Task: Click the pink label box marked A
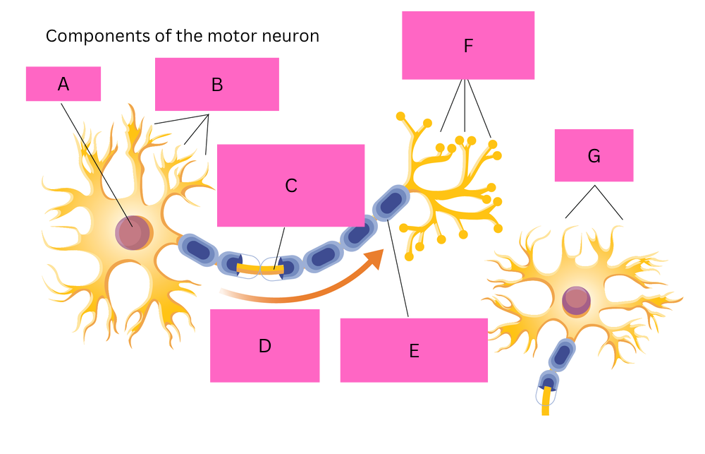[x=63, y=84]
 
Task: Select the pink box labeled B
[x=216, y=85]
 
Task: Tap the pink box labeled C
[x=290, y=185]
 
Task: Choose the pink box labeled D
[x=264, y=345]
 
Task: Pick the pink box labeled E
[x=414, y=350]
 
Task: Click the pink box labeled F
[x=467, y=46]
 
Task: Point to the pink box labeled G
[x=594, y=155]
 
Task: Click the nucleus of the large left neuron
[x=133, y=233]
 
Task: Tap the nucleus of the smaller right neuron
[x=577, y=300]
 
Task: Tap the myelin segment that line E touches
[x=390, y=203]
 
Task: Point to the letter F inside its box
[x=467, y=47]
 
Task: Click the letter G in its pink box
[x=594, y=156]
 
